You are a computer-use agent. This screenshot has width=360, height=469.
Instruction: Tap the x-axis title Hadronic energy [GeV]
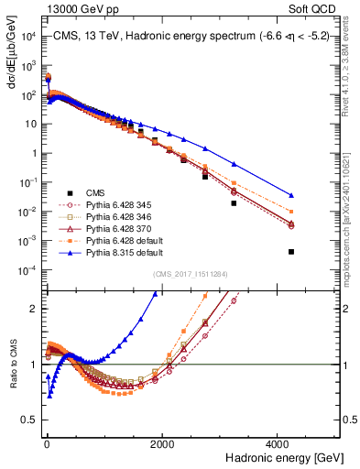[285, 456]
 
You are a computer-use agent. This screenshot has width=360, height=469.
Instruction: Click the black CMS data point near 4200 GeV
[291, 252]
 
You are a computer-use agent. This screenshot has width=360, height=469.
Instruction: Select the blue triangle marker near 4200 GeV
[291, 195]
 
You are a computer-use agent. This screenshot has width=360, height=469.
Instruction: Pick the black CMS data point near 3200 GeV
[234, 203]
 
